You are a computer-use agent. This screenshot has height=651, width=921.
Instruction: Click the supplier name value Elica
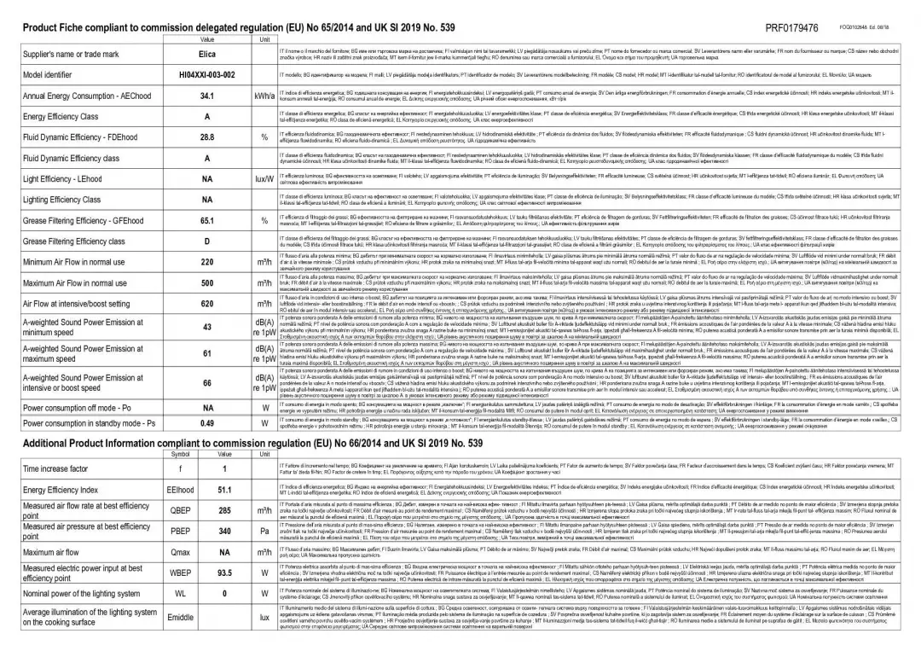click(x=206, y=54)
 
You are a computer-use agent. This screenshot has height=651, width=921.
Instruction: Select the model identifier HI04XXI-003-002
click(x=206, y=75)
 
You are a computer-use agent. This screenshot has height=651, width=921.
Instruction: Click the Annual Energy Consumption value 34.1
click(x=206, y=96)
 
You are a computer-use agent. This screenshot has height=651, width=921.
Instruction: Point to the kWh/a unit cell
click(x=264, y=96)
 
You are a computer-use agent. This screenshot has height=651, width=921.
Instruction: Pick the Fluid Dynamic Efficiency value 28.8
click(x=206, y=137)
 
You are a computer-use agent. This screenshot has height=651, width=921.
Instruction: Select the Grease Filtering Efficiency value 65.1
click(x=206, y=220)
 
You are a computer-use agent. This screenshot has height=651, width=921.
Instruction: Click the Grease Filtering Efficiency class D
click(x=206, y=241)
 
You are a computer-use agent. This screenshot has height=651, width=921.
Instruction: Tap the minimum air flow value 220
click(x=206, y=262)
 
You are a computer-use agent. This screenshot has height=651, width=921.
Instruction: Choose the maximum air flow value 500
click(x=206, y=283)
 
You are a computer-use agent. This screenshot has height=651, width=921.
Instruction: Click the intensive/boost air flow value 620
click(x=206, y=304)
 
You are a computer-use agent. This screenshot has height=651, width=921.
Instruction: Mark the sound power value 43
click(x=206, y=328)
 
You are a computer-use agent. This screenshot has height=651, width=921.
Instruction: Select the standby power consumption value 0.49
click(x=206, y=422)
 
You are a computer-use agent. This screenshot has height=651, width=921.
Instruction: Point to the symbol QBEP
click(x=182, y=511)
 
